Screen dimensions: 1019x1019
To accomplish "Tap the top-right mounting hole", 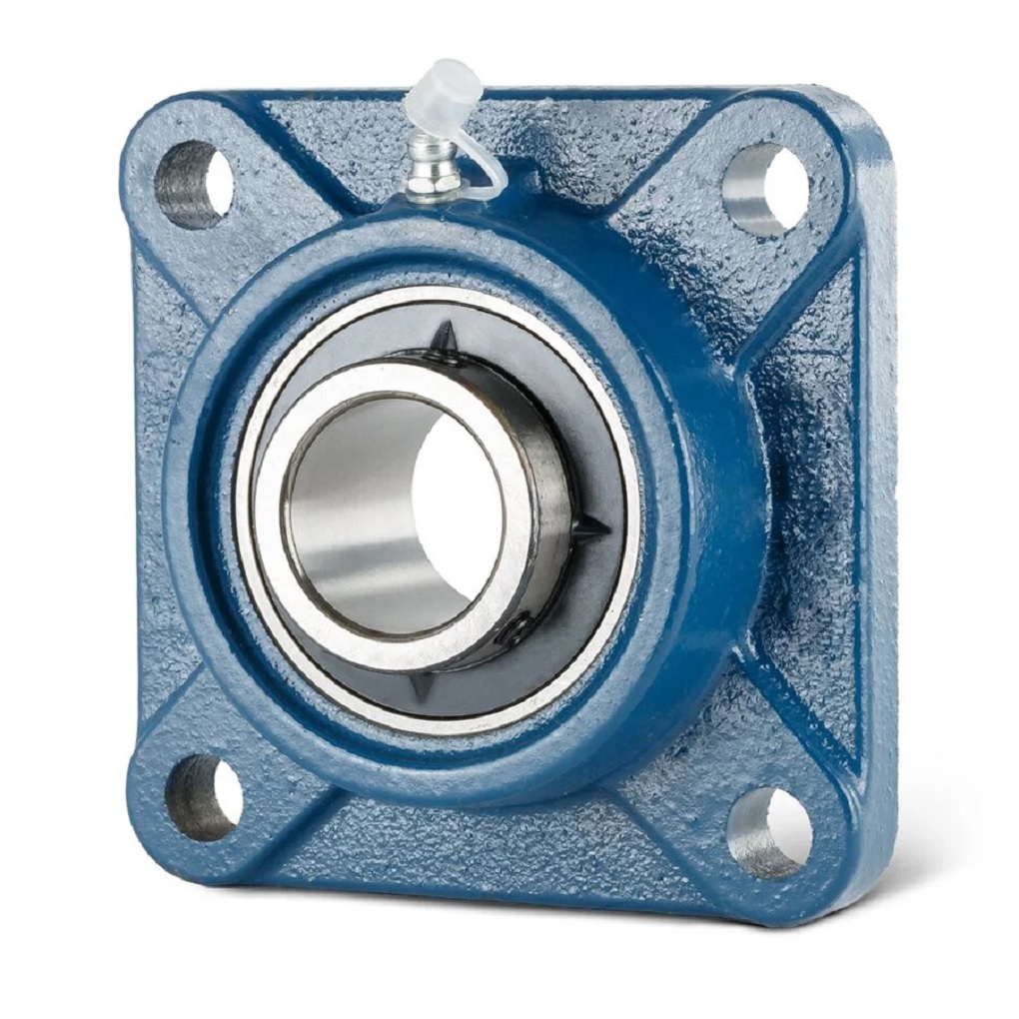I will (x=765, y=188).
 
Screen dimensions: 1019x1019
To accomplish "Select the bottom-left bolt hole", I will (x=204, y=797).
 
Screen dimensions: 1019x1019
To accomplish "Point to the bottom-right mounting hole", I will (x=770, y=831).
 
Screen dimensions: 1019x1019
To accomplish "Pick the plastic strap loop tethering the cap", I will (x=487, y=180).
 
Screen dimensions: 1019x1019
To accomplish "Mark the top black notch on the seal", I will (x=447, y=340).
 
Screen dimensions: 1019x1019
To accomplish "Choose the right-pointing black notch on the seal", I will (x=589, y=529).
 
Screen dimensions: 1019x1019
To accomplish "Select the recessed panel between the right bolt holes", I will (x=799, y=500).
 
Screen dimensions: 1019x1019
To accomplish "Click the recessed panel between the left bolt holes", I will (x=160, y=480).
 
